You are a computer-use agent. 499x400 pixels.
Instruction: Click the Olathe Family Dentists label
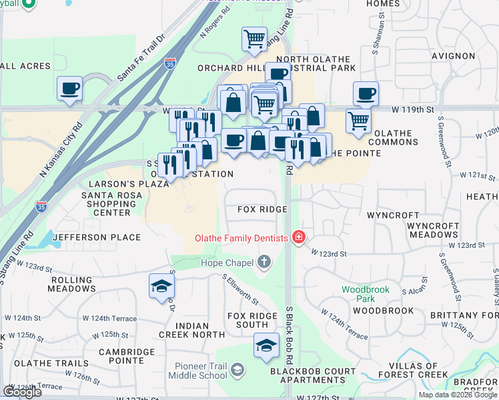(x=241, y=238)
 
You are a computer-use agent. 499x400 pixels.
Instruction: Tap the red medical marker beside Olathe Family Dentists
(x=299, y=238)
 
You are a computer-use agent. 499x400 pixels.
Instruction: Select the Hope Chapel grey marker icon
(x=265, y=262)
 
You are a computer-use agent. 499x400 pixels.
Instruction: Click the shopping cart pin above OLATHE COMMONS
(x=358, y=121)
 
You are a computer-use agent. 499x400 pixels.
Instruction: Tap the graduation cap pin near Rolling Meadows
(x=161, y=286)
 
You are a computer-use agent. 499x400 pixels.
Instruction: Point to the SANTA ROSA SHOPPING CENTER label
(x=106, y=203)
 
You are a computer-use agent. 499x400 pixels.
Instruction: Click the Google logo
(x=22, y=392)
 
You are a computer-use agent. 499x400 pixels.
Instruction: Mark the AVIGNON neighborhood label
(x=452, y=56)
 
